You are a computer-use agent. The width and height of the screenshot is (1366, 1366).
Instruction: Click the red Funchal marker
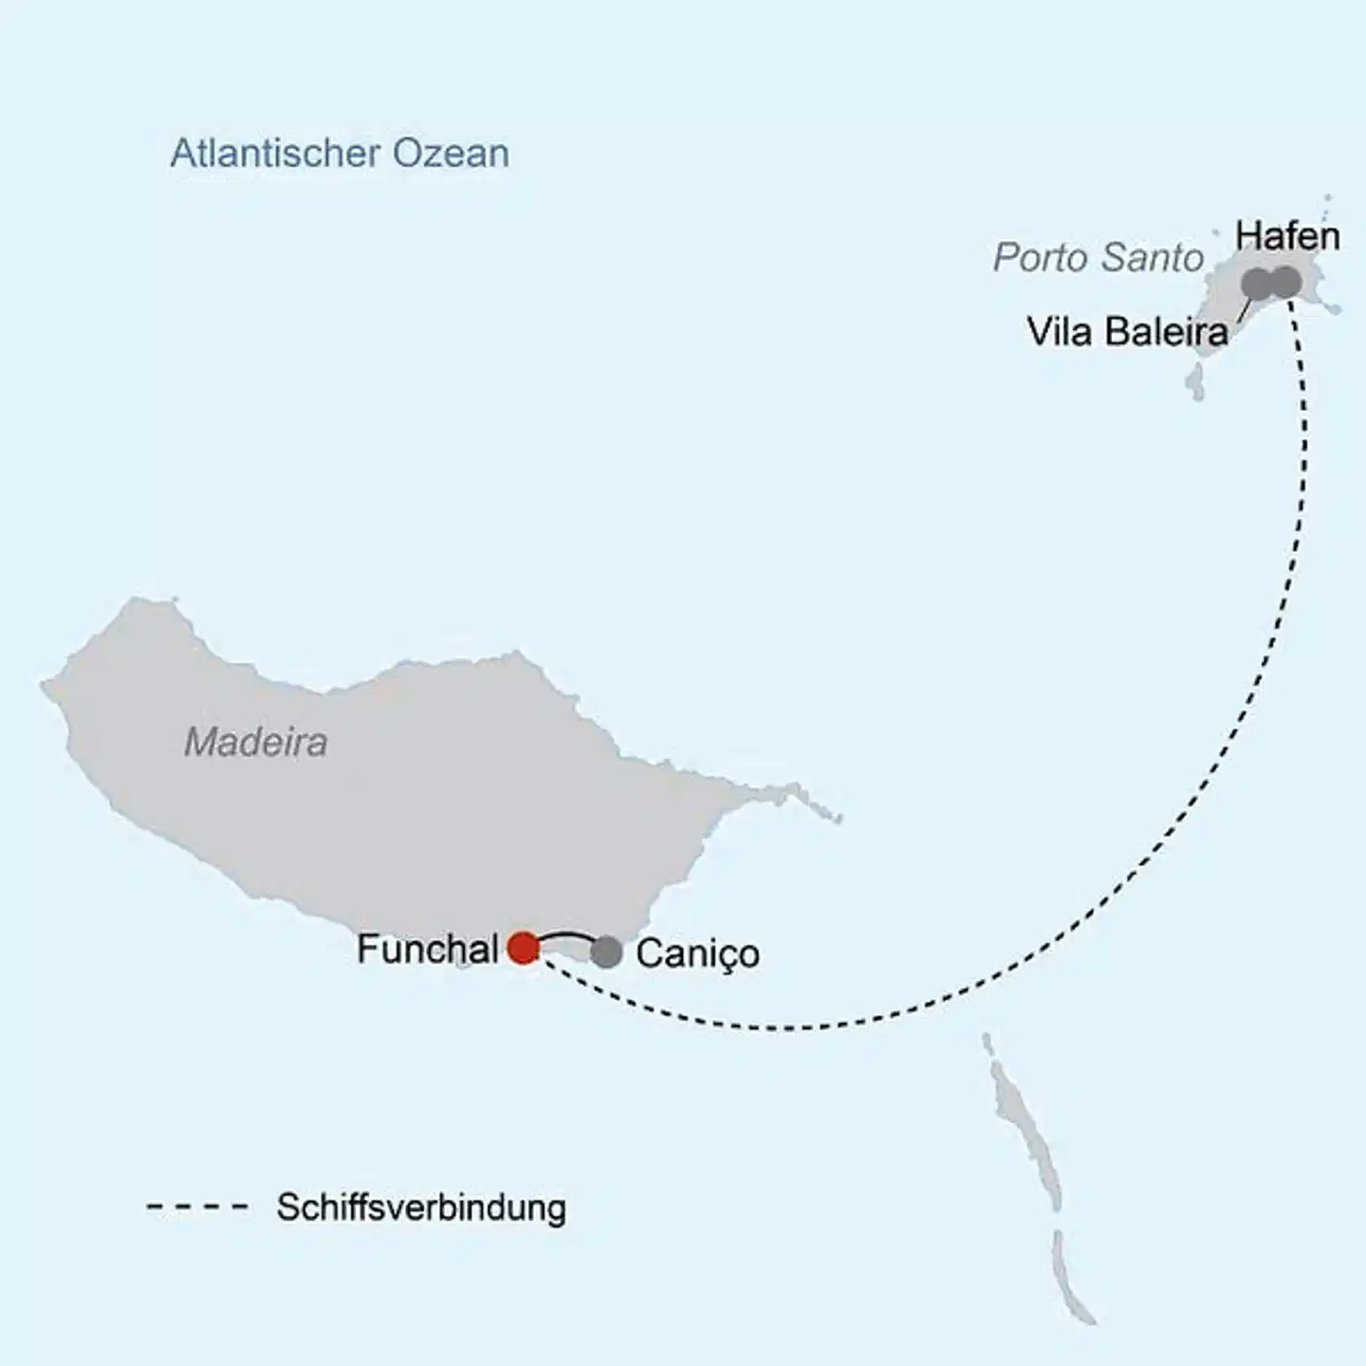click(523, 948)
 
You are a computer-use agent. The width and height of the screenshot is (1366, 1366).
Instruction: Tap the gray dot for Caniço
click(606, 952)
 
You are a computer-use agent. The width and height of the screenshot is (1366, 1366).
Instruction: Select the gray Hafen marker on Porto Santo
click(1285, 281)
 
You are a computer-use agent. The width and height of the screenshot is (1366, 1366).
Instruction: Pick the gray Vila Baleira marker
click(1256, 282)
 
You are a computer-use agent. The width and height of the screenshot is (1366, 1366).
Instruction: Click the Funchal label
click(427, 949)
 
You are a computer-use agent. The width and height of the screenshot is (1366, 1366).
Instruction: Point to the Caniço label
click(697, 953)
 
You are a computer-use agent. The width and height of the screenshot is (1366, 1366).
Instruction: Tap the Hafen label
click(1287, 236)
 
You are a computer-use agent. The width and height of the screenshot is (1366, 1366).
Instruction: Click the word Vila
click(1060, 332)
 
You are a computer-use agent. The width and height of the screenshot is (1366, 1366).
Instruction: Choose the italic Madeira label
click(256, 742)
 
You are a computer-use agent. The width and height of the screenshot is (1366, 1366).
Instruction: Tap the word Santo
click(1153, 258)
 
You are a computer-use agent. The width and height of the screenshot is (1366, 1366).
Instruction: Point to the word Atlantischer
click(275, 154)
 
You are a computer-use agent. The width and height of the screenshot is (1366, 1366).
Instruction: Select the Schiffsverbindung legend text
click(421, 1208)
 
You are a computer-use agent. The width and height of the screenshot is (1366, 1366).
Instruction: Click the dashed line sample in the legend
click(196, 1208)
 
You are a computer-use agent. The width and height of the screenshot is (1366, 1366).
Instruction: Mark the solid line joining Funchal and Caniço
click(565, 935)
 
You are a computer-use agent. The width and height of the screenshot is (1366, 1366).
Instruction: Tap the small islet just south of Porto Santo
click(1193, 385)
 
